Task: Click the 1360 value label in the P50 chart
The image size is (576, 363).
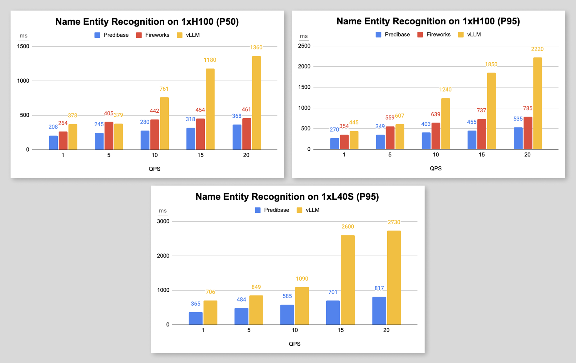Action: click(x=256, y=47)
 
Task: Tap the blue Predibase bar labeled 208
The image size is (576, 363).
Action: click(x=53, y=143)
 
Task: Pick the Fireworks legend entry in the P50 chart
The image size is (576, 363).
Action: click(x=153, y=35)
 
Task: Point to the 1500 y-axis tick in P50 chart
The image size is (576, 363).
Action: click(x=23, y=46)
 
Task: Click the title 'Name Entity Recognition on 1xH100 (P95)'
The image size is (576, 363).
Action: click(x=428, y=21)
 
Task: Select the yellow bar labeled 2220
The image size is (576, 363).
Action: click(x=537, y=103)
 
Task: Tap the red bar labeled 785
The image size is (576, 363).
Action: click(x=528, y=133)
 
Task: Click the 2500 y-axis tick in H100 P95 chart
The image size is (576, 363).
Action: click(x=304, y=46)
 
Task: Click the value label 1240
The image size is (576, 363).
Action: click(x=445, y=90)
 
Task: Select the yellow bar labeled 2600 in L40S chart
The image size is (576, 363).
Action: click(x=348, y=280)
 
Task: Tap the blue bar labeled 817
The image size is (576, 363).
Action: click(x=379, y=311)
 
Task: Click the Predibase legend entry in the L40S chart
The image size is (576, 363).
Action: click(x=272, y=210)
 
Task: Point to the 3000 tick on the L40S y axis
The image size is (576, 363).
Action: click(x=163, y=221)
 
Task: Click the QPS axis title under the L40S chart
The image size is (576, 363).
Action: click(x=294, y=344)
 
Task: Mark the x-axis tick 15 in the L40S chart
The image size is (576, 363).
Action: click(x=340, y=330)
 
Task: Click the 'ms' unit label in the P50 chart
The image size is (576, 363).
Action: click(x=23, y=35)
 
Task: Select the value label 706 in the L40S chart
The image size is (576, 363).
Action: click(x=210, y=292)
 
